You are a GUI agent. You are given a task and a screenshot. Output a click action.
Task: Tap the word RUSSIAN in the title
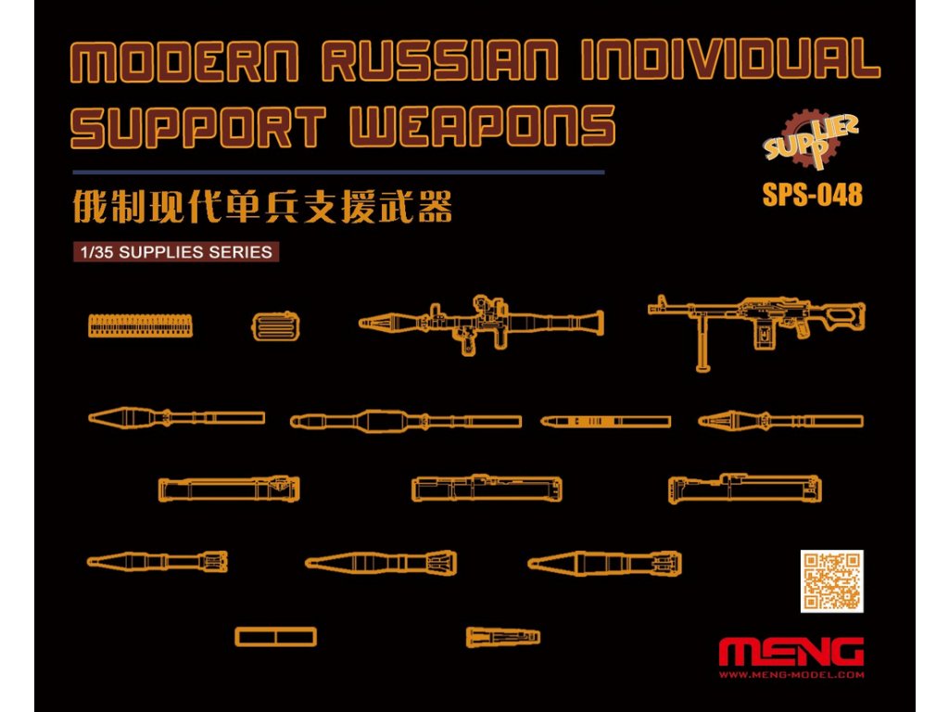click(x=439, y=62)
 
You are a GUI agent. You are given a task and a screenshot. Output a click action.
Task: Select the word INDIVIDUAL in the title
click(x=728, y=62)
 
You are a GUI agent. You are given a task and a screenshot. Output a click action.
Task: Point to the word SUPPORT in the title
click(x=198, y=127)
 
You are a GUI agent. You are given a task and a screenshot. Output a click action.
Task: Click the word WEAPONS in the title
click(x=482, y=127)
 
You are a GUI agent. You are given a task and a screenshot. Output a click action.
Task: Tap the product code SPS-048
click(x=812, y=195)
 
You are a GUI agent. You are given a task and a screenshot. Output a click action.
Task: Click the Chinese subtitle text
click(x=262, y=208)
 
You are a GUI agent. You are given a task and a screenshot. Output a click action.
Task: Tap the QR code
click(x=831, y=581)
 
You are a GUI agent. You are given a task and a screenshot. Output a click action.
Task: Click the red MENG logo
click(x=791, y=652)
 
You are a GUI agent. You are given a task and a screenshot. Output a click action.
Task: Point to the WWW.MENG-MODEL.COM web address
click(x=791, y=675)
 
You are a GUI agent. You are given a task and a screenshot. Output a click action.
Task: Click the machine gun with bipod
click(x=755, y=324)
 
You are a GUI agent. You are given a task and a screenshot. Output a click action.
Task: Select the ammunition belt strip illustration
click(x=142, y=324)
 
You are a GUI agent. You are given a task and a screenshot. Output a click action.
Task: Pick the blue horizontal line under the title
click(x=338, y=172)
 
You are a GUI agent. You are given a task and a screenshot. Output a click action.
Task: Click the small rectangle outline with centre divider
click(x=275, y=637)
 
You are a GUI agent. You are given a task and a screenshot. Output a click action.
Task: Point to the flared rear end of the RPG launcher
click(x=593, y=322)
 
